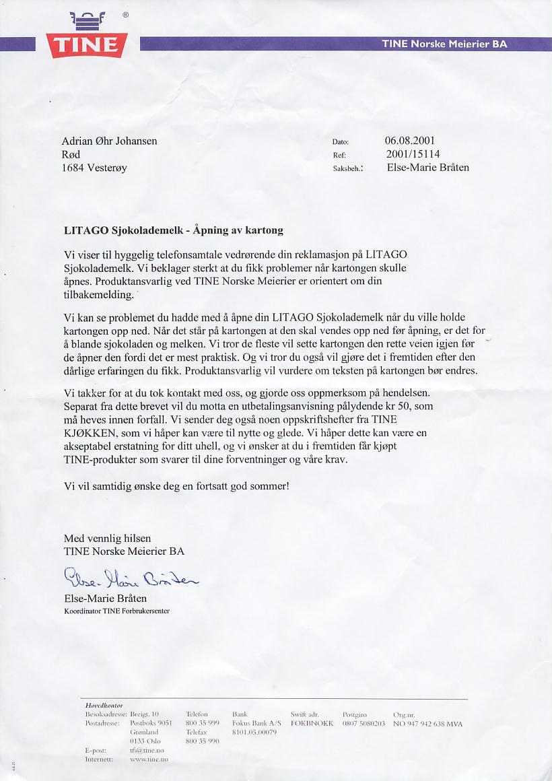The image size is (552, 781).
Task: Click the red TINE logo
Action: [x=85, y=44]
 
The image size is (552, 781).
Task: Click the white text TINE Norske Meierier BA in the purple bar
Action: [x=444, y=44]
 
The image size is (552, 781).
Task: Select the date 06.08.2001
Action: [x=409, y=141]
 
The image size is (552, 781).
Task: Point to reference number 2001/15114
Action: [x=412, y=154]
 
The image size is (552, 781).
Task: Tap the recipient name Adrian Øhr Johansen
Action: [x=109, y=141]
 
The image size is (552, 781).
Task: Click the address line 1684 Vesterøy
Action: [x=94, y=168]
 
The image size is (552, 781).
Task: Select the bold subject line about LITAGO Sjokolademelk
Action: [x=173, y=230]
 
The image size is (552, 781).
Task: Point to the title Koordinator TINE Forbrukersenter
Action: [x=116, y=611]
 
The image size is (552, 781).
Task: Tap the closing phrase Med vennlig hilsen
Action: [x=107, y=539]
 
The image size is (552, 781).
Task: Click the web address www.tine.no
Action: [x=148, y=759]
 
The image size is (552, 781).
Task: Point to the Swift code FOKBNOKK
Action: [x=312, y=724]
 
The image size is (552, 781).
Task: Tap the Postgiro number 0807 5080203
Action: [x=364, y=724]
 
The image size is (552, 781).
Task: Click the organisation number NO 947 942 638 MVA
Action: [x=427, y=724]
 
